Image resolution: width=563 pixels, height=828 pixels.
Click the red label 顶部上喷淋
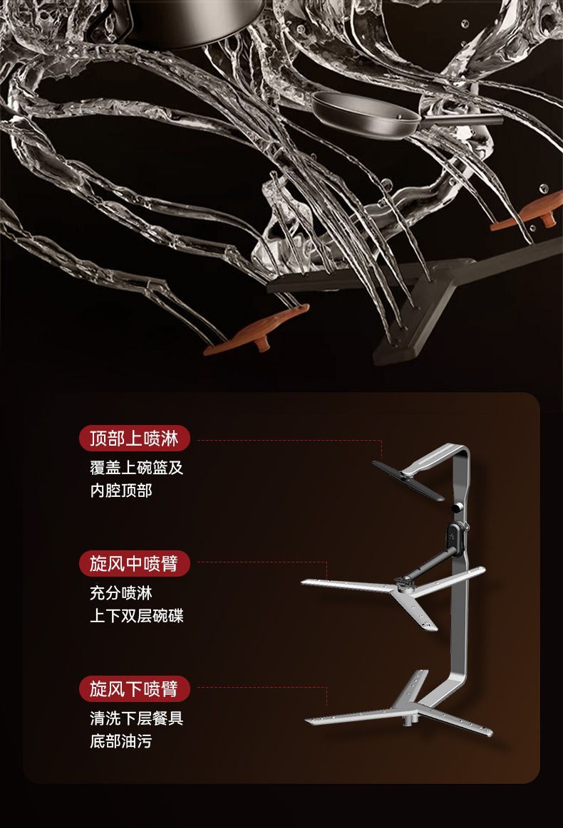(x=134, y=439)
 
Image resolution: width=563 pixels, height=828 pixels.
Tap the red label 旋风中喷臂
(x=134, y=564)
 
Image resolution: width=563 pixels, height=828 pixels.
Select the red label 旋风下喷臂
(x=134, y=688)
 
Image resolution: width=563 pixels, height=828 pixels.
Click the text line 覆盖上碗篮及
(x=136, y=468)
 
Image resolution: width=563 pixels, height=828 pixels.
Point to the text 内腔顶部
(x=120, y=490)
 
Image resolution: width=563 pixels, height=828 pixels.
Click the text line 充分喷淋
(x=120, y=592)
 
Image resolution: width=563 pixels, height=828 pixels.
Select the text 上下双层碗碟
(x=136, y=615)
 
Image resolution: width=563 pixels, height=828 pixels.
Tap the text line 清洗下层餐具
(x=136, y=718)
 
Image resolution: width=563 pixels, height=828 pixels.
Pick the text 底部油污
(x=120, y=740)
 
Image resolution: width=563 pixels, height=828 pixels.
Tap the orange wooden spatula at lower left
(x=260, y=330)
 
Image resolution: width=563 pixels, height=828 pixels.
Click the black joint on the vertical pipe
(x=453, y=530)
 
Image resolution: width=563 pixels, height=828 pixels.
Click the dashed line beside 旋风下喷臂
(x=261, y=688)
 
